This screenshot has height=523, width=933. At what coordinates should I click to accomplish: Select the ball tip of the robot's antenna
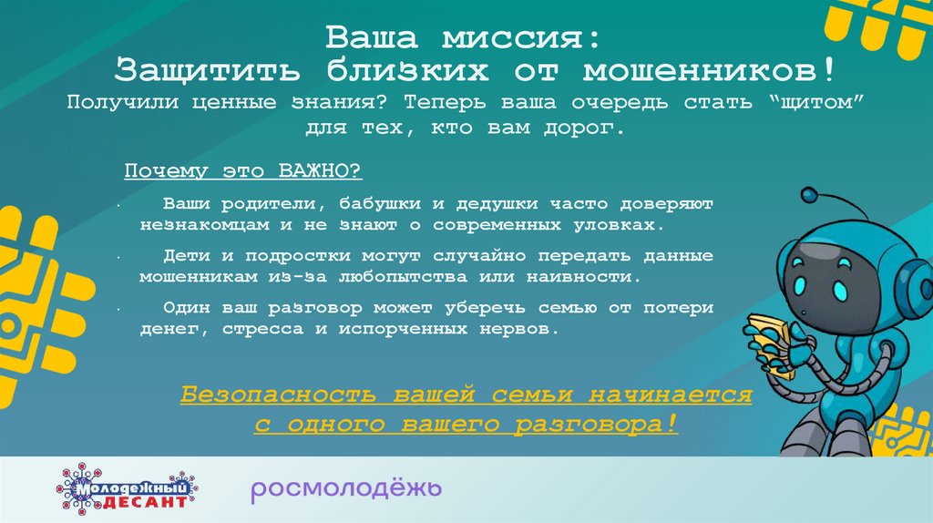808,194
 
